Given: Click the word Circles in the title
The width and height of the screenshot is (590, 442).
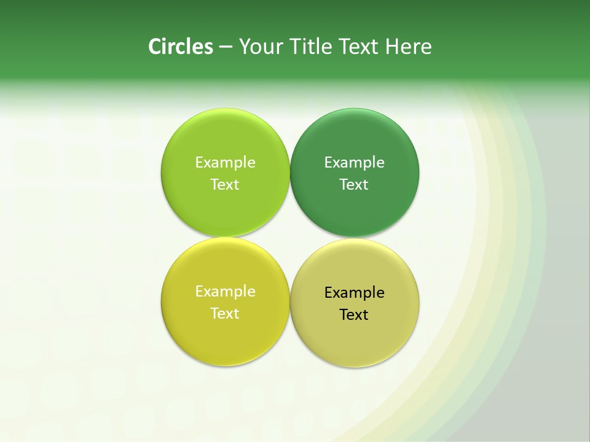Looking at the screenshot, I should [x=181, y=47].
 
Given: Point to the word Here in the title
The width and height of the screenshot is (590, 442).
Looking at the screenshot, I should [x=409, y=47].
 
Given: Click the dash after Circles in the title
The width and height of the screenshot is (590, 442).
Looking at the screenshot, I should [x=226, y=47].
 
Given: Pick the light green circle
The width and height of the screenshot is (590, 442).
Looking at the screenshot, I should [x=225, y=141].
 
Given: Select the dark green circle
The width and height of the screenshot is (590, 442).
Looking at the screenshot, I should [x=355, y=141].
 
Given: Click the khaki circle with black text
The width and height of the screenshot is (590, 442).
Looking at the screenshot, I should [x=355, y=335].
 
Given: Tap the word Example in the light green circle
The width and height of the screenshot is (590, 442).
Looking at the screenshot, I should [x=225, y=163].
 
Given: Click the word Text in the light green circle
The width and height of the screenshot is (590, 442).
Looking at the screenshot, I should [x=225, y=185].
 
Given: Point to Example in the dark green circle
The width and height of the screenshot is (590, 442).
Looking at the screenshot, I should [x=355, y=163].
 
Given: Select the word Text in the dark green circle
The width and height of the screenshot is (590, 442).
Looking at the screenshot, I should [x=355, y=185].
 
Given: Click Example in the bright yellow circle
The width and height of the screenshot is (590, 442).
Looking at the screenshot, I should [x=225, y=292].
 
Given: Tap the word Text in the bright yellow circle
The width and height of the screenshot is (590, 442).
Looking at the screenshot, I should [x=225, y=314].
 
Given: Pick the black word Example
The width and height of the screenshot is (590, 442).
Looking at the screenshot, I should [x=355, y=293].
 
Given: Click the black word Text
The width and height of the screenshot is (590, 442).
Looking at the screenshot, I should [x=355, y=315].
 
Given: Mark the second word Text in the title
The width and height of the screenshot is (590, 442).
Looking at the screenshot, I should [x=360, y=47].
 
